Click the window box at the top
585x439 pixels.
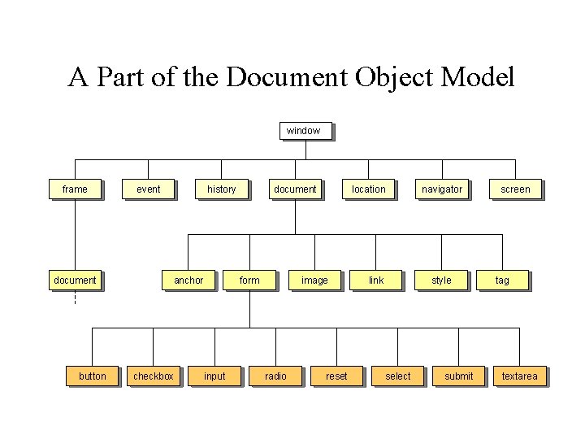coord(304,130)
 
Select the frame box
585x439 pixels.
coord(75,189)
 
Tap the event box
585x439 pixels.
coord(148,189)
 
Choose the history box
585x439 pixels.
coord(221,189)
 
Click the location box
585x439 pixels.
coord(368,189)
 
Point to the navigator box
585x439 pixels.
coord(441,189)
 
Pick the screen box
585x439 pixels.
coord(515,189)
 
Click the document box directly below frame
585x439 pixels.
coord(75,280)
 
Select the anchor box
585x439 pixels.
coord(188,280)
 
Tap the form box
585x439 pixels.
coord(249,280)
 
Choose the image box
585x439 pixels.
coord(314,280)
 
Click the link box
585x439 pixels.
coord(376,280)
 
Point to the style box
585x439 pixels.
coord(441,280)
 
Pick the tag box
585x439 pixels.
coord(502,280)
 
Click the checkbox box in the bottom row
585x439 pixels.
coord(154,376)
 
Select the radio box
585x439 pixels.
coord(275,376)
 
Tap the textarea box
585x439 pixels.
coord(519,376)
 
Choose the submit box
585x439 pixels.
coord(458,376)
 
